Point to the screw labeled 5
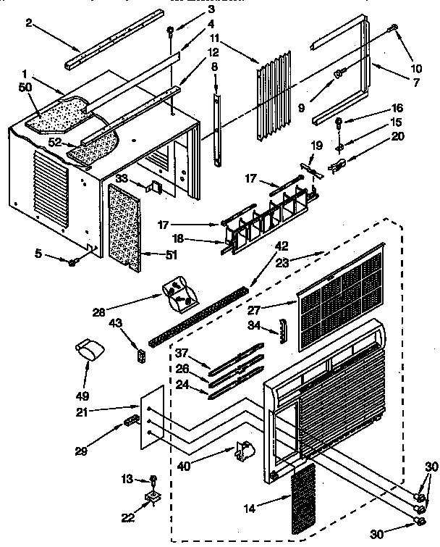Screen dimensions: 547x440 pyautogui.click(x=72, y=261)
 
